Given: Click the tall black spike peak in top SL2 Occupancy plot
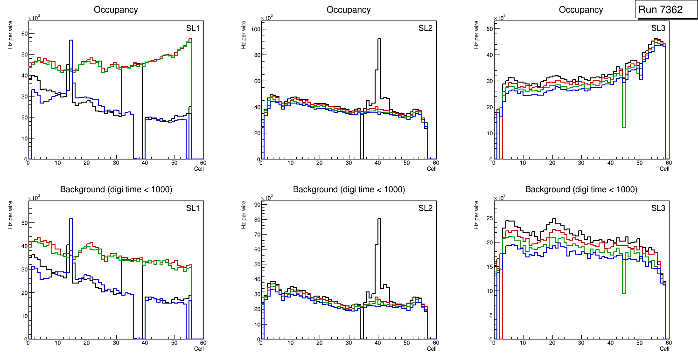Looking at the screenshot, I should pyautogui.click(x=379, y=39).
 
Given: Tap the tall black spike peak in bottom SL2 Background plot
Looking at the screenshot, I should pyautogui.click(x=379, y=219).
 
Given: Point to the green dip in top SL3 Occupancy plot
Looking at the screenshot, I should pyautogui.click(x=624, y=127).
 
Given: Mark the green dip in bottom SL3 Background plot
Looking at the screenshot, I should pyautogui.click(x=624, y=292).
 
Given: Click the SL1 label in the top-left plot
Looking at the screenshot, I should pyautogui.click(x=193, y=28).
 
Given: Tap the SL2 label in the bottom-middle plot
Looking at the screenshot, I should pyautogui.click(x=425, y=208).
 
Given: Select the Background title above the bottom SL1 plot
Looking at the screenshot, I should pyautogui.click(x=116, y=189).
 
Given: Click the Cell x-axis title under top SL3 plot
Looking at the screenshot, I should pyautogui.click(x=664, y=168).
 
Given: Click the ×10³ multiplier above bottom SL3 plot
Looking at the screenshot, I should pyautogui.click(x=499, y=198).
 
